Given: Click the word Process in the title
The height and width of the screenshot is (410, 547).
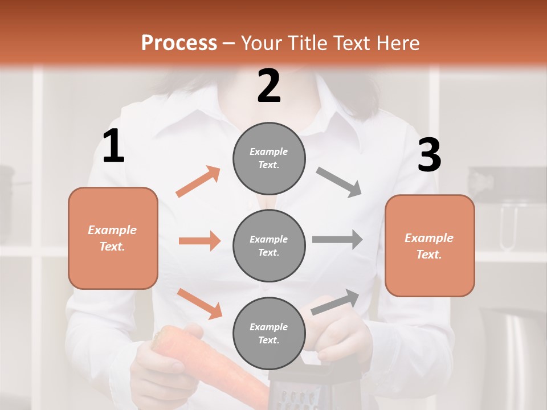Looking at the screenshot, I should pyautogui.click(x=179, y=43).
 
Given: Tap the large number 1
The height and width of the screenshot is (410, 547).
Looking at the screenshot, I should pyautogui.click(x=113, y=146).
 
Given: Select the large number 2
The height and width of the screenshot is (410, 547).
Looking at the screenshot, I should pyautogui.click(x=269, y=86).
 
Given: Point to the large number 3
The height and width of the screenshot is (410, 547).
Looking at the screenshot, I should pyautogui.click(x=429, y=155).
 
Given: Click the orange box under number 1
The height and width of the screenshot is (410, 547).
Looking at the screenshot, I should pyautogui.click(x=113, y=238).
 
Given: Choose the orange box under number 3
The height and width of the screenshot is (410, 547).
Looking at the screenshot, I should pyautogui.click(x=430, y=246).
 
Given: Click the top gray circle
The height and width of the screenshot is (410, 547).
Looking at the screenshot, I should pyautogui.click(x=269, y=158).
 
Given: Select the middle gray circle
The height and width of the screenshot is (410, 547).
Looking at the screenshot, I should pyautogui.click(x=269, y=246).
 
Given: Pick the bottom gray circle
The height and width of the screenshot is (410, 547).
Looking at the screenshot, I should pyautogui.click(x=269, y=334).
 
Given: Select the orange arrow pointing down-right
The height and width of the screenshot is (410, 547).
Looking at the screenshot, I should pyautogui.click(x=199, y=304).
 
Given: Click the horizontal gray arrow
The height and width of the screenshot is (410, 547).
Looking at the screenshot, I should pyautogui.click(x=337, y=239).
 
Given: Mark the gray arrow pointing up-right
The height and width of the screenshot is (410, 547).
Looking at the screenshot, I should pyautogui.click(x=335, y=302).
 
